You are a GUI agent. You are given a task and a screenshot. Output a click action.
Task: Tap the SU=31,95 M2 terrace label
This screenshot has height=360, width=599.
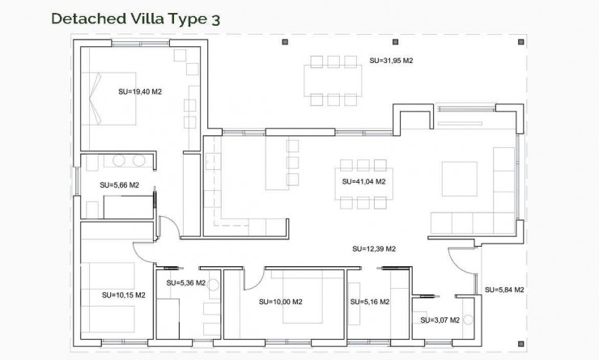point(391,61)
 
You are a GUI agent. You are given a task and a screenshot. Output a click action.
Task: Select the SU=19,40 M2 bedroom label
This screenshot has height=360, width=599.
point(140,92)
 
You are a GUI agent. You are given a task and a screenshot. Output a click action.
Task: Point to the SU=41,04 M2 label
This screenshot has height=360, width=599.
point(363,181)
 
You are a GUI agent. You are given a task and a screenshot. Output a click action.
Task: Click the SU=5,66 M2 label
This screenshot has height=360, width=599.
point(120,185)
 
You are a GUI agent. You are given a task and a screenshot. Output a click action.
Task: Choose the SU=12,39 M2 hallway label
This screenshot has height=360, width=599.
point(373,248)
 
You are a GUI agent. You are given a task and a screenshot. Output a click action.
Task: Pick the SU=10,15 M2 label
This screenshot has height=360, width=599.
point(123,294)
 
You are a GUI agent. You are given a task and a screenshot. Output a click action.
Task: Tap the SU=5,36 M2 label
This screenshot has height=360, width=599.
point(186,283)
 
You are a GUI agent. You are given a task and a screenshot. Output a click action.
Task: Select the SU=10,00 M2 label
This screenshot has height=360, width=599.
point(280,302)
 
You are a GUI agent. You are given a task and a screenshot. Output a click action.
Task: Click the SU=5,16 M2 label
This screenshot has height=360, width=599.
point(369,302)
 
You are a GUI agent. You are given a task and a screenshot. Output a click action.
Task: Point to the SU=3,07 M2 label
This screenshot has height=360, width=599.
point(440,320)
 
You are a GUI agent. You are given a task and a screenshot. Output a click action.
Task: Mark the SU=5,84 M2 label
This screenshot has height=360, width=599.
point(504,289)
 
